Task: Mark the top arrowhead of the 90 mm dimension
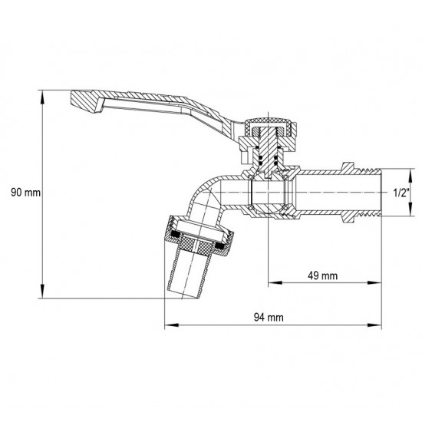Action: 42,93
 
